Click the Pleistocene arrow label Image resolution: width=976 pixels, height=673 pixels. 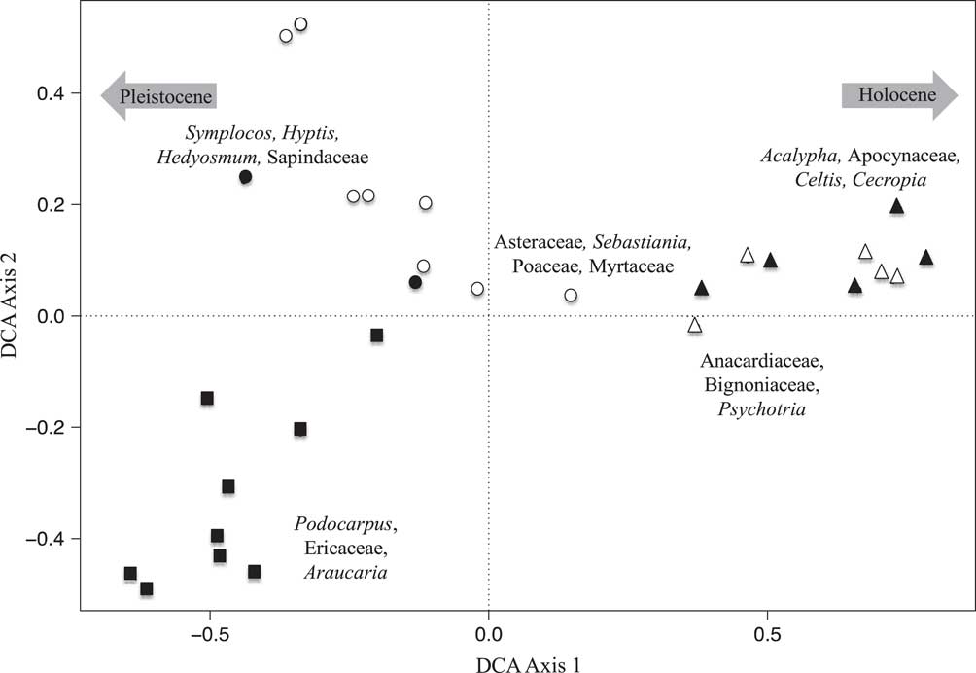tap(157, 95)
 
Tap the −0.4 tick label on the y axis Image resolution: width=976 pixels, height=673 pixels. tap(51, 539)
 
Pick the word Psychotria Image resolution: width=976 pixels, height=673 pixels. tap(761, 409)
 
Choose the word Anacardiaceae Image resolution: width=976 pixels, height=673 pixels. tap(761, 363)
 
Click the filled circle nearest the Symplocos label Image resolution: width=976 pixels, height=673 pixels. tap(246, 177)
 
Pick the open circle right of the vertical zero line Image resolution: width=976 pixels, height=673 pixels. tap(571, 296)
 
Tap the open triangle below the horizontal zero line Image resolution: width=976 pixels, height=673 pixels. tap(694, 326)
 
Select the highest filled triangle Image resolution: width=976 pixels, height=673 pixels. tap(896, 206)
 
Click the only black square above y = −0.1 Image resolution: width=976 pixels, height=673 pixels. tap(376, 336)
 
